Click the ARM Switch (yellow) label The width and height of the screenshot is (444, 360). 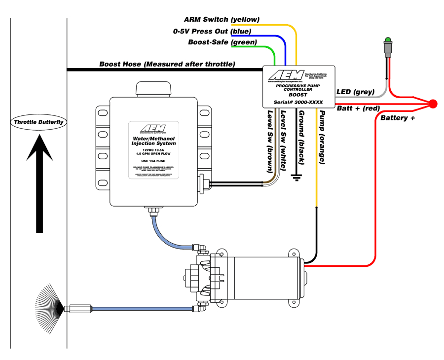coord(222,19)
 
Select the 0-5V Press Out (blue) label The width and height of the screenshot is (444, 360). coord(212,31)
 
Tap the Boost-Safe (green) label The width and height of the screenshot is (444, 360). coord(222,42)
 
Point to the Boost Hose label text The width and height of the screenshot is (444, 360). coord(167,64)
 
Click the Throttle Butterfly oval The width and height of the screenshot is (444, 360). coord(39,122)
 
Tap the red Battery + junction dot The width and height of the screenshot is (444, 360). coord(433,104)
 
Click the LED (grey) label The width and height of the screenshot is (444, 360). coord(355,92)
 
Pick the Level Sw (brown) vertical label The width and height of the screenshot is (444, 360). coord(270,141)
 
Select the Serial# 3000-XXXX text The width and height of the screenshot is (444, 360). coord(298,102)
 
